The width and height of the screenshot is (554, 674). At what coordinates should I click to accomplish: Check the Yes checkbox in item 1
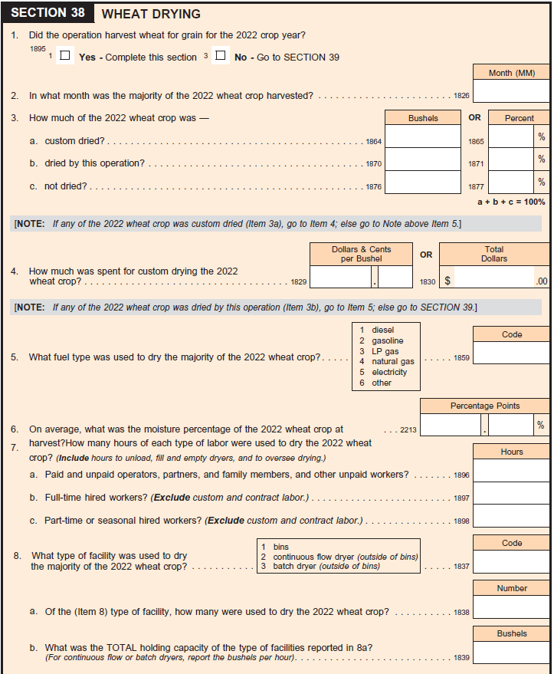tap(65, 56)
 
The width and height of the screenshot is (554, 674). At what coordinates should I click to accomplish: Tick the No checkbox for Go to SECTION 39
tap(221, 56)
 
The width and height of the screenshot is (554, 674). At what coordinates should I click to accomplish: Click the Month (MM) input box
tap(511, 91)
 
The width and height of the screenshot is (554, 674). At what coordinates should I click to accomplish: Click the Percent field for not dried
tap(511, 182)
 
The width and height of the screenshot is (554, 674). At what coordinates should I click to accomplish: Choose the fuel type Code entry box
tap(511, 353)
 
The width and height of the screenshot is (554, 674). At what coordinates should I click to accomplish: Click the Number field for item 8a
tap(511, 607)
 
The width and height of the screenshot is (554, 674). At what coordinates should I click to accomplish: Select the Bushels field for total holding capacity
tap(511, 653)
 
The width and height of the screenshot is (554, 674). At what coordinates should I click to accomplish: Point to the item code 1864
tap(374, 142)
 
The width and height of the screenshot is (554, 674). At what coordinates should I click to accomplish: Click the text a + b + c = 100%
tap(511, 202)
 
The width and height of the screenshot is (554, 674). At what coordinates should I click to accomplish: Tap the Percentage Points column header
tap(485, 406)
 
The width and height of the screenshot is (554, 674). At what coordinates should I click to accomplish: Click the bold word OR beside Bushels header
tap(475, 117)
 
